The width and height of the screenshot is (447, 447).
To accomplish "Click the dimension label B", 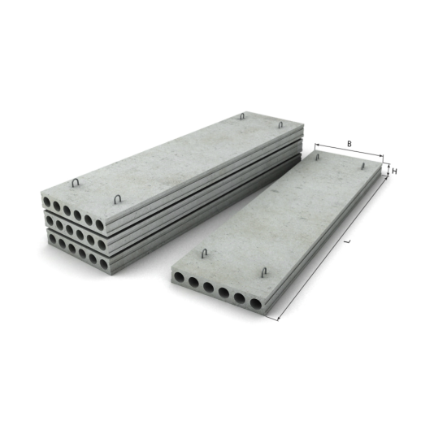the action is [x=349, y=144].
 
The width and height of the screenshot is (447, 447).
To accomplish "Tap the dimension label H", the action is [x=394, y=171].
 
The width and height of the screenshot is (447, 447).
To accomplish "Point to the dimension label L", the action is [x=347, y=241].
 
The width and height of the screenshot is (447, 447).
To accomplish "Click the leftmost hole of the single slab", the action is [x=180, y=277].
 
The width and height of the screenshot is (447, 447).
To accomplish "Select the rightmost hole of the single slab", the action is [x=256, y=304].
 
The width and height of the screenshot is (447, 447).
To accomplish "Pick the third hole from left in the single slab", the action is [x=209, y=287].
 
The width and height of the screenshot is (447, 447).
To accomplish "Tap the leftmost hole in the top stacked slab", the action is [x=46, y=202].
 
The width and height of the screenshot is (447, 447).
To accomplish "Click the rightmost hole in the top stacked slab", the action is [x=99, y=225].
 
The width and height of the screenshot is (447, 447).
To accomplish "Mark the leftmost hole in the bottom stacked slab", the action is [x=53, y=239].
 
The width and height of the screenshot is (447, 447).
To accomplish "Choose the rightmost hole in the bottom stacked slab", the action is [x=104, y=264].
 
